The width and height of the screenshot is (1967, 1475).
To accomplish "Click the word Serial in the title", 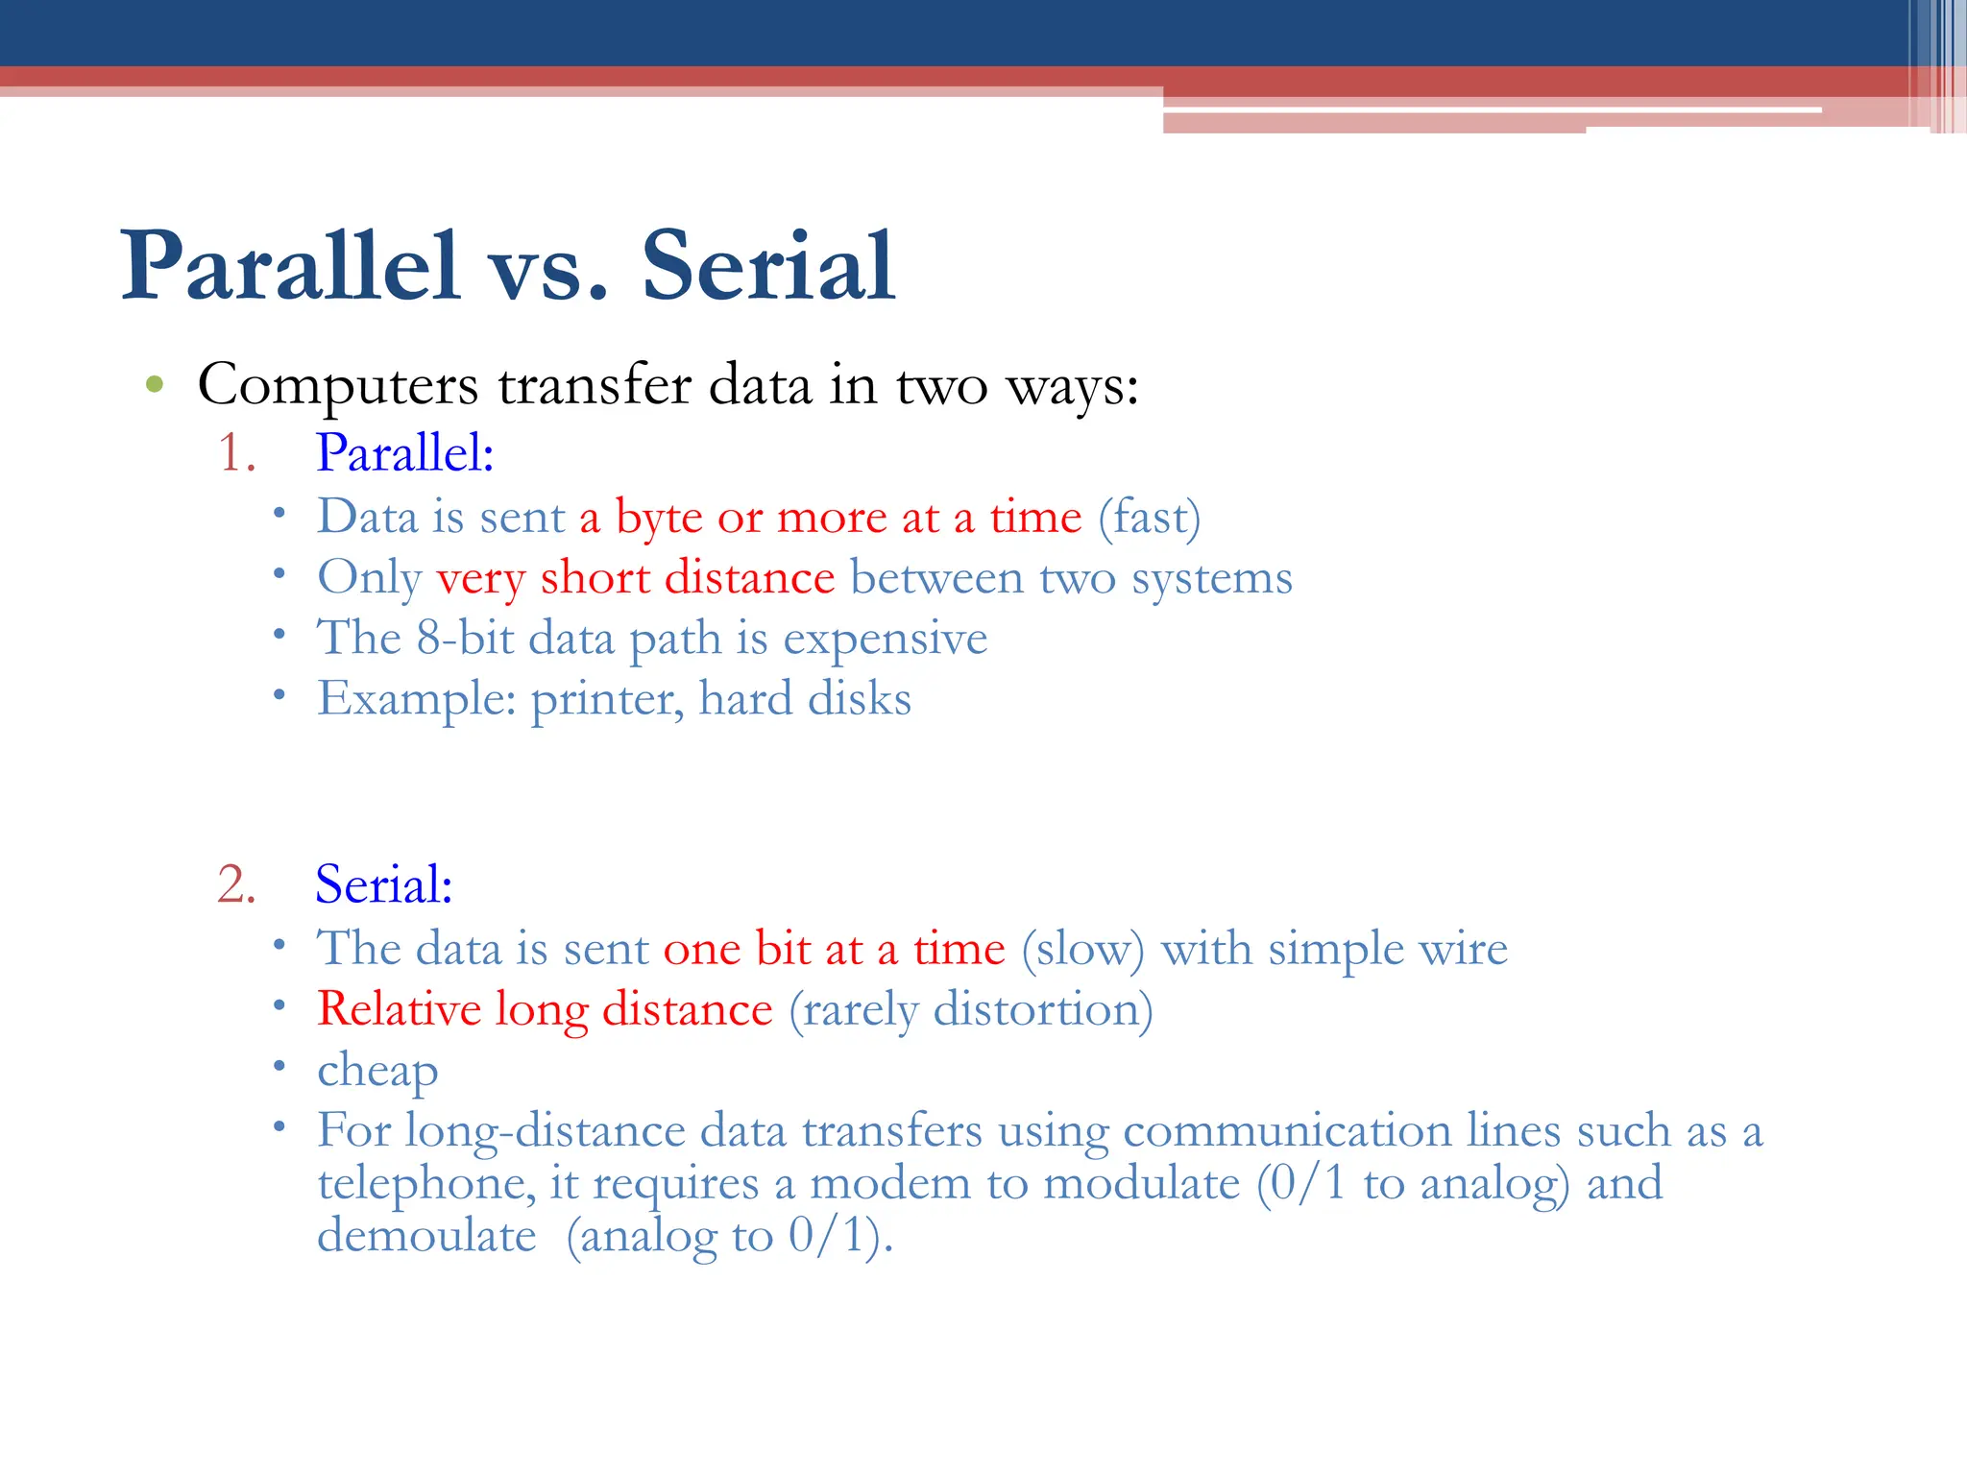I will click(768, 266).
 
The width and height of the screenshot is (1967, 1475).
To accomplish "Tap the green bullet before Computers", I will click(155, 386).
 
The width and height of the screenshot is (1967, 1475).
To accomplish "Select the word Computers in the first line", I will click(337, 386).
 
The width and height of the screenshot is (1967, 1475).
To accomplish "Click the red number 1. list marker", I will click(236, 452).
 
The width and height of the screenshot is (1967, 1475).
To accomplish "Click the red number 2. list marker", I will click(236, 883).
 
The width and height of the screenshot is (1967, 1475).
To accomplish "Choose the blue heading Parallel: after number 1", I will click(404, 452).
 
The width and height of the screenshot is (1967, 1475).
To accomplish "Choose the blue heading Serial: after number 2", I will click(383, 883).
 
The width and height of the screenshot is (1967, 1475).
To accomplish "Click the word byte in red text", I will click(659, 519).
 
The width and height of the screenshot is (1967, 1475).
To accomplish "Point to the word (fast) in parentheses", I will click(1149, 518).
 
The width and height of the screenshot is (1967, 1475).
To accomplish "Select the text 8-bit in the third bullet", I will click(465, 638).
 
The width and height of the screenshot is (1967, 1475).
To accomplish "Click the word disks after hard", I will click(859, 698).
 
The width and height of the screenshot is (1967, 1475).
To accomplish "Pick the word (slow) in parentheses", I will click(1082, 949).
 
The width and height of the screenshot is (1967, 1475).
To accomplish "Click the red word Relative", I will click(399, 1009).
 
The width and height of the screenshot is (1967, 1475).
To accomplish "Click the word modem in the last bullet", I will click(890, 1183).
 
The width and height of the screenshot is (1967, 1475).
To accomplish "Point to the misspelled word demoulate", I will click(426, 1236).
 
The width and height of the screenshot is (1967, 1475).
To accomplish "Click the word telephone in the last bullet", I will click(426, 1183).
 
